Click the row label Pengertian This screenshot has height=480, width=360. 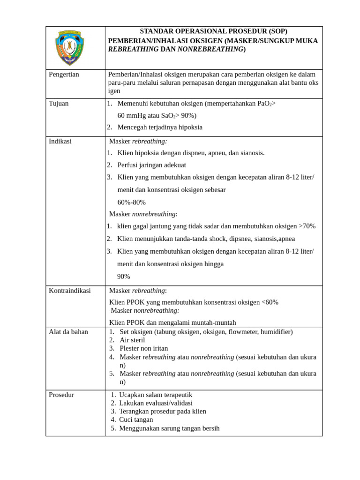coord(64,75)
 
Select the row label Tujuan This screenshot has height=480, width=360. coord(59,104)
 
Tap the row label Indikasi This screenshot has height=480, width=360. coord(60,141)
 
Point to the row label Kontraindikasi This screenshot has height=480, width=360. coord(70,291)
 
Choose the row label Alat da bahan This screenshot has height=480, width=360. coord(68,332)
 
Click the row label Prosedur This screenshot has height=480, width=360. coord(61,395)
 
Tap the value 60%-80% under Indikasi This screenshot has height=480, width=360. coord(131,202)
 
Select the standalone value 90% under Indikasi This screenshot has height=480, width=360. coord(123,277)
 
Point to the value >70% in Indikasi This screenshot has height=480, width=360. coord(307,226)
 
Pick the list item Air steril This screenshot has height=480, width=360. coord(132,340)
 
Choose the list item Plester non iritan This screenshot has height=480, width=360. coord(143,349)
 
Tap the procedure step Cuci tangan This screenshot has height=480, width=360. coord(136,420)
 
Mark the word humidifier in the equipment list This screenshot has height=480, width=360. coord(275,332)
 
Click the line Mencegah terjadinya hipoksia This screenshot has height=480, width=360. coord(160,127)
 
